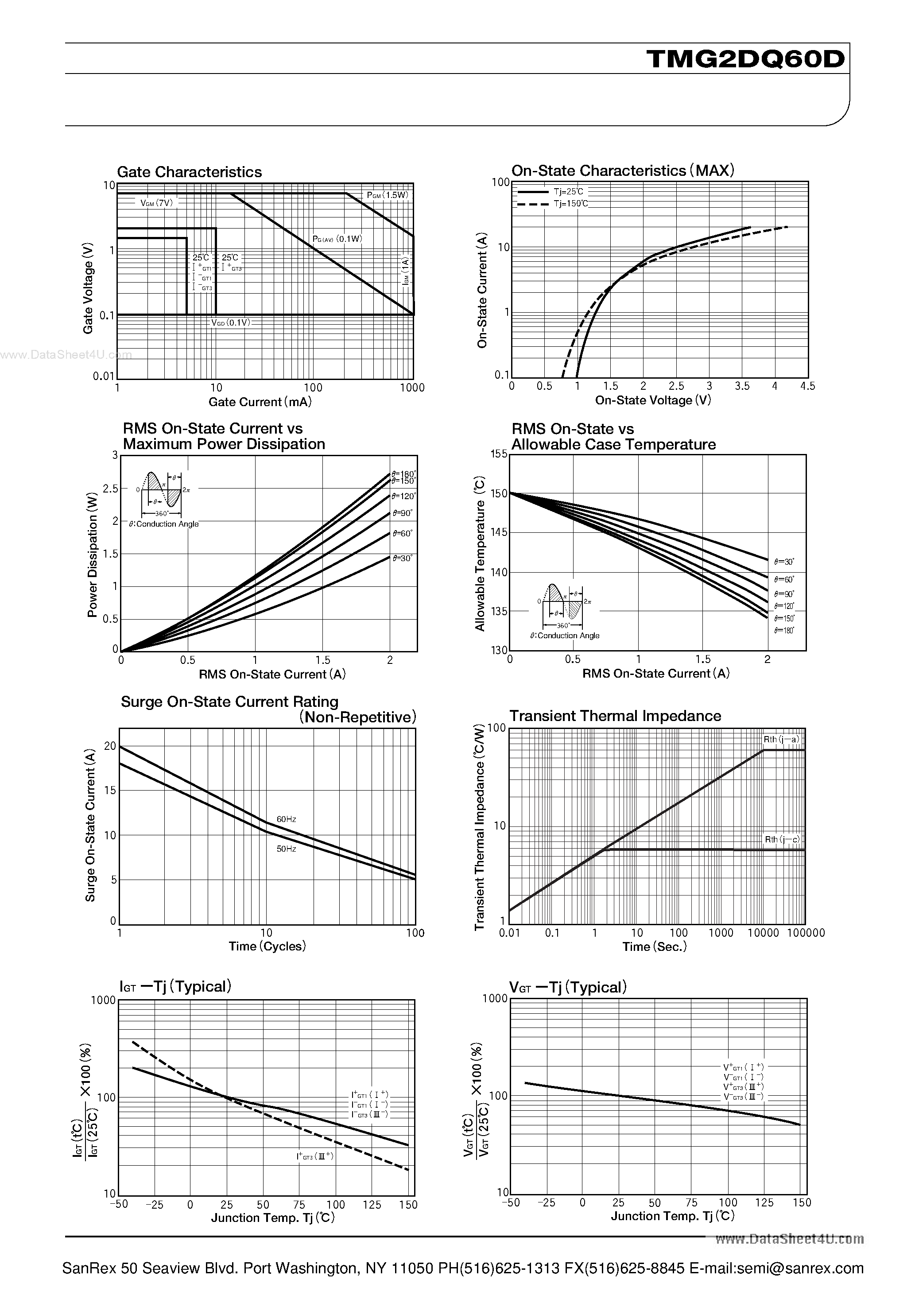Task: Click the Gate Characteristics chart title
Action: [189, 172]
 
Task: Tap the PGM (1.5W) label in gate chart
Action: [387, 195]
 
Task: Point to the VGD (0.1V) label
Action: [230, 322]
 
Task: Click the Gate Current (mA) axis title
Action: [260, 402]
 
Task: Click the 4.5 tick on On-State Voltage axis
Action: [807, 386]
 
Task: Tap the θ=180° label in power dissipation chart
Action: [404, 474]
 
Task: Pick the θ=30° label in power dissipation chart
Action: [402, 558]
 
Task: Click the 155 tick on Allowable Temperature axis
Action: [499, 454]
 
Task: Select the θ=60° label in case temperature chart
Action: [784, 579]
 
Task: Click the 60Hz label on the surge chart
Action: [286, 819]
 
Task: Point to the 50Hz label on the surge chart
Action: [286, 849]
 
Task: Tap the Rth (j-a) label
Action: [781, 740]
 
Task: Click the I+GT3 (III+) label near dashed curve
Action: [315, 1156]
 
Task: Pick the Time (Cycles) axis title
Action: [267, 946]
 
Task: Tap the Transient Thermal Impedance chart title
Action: [615, 716]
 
